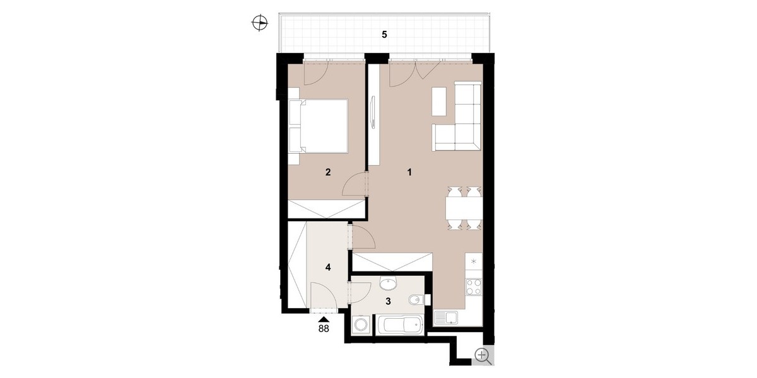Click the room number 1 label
409,173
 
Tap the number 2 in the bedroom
328,173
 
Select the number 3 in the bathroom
389,301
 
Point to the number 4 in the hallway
328,268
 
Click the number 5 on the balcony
384,35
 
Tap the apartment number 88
324,328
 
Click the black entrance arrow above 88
324,319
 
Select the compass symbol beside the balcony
259,23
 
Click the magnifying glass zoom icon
483,357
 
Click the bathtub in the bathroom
399,324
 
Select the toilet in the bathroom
417,299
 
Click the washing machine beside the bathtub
362,325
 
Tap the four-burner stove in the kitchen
474,287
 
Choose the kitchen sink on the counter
446,318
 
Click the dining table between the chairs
464,209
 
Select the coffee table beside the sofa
439,101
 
